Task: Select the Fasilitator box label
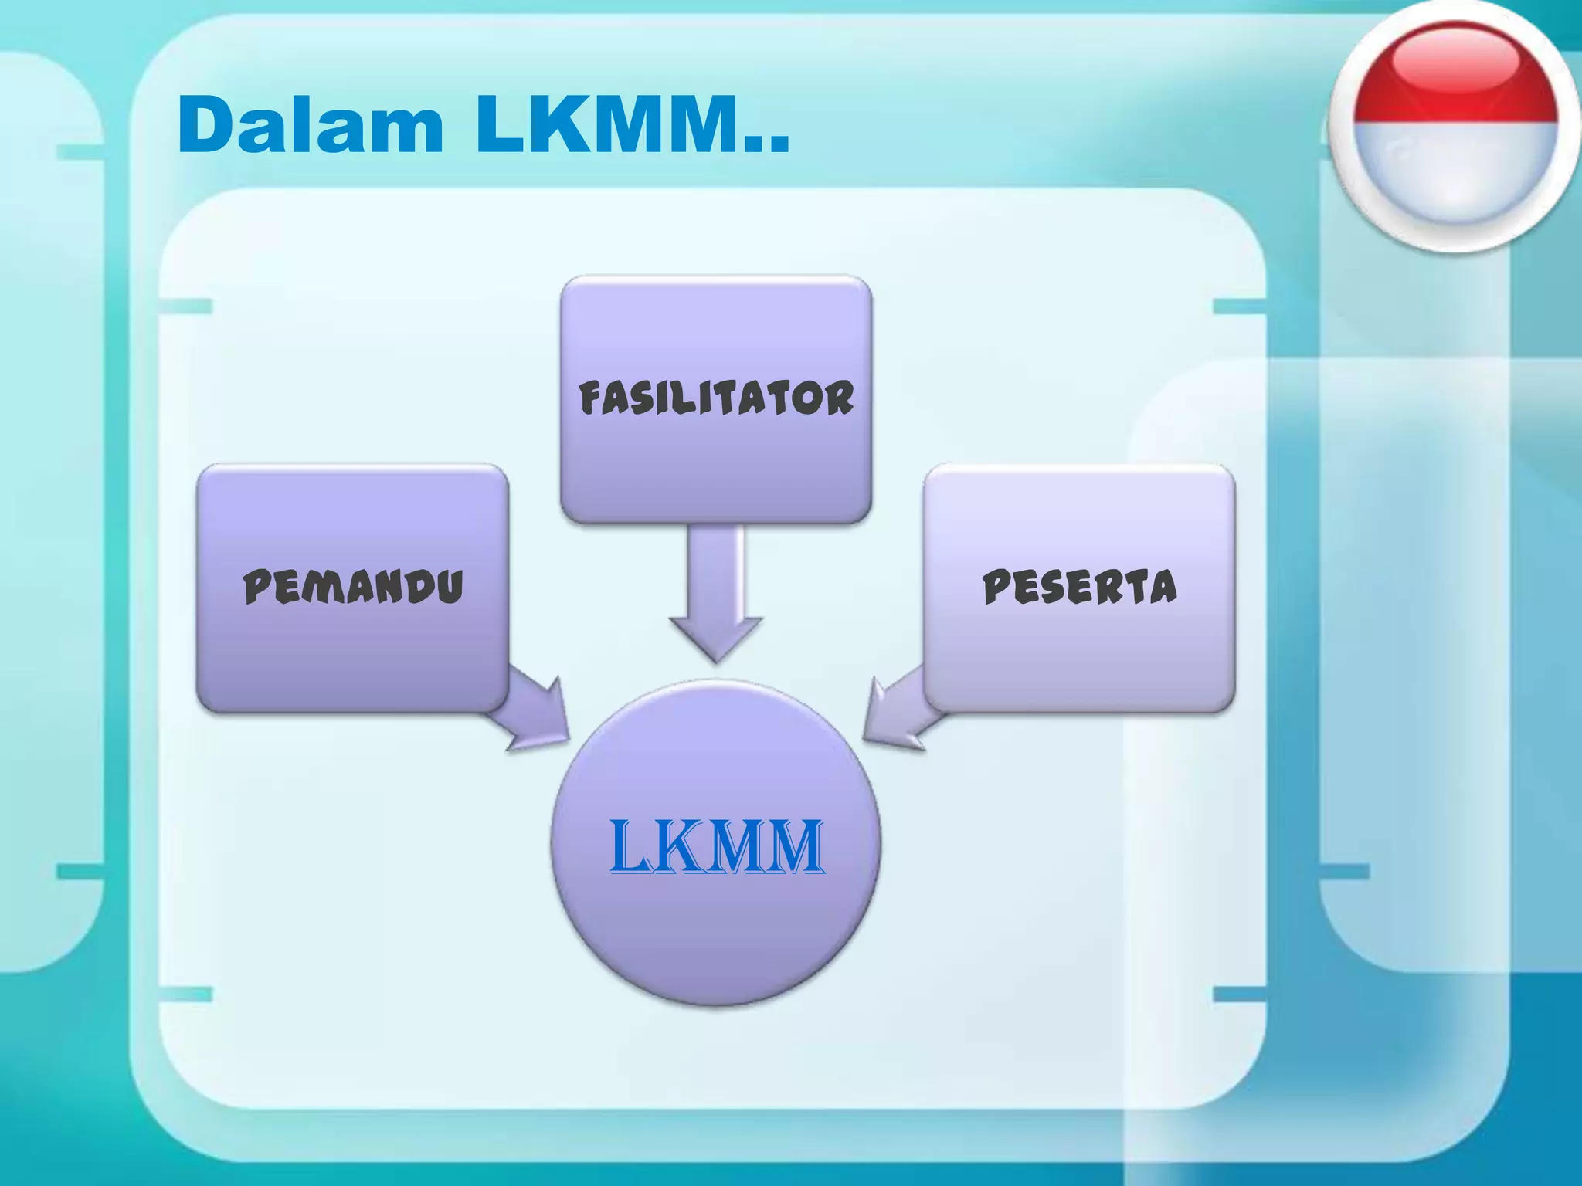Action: point(716,398)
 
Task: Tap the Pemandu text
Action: point(353,586)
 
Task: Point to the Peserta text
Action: point(1079,586)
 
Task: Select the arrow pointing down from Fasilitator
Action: point(716,595)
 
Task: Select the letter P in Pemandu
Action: point(258,586)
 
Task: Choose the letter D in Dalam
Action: point(205,125)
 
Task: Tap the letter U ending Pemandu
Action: point(447,586)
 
